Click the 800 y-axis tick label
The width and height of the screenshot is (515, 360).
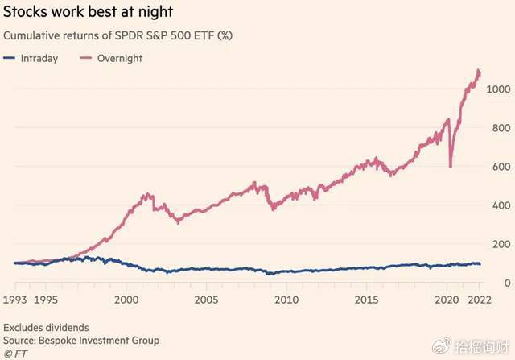tap(503, 128)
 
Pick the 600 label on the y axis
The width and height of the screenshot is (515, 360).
tap(503, 167)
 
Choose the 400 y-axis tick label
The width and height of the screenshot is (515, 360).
tap(503, 205)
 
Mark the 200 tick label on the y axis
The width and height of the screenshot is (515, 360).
tap(503, 244)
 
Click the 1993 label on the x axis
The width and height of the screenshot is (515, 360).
tap(15, 300)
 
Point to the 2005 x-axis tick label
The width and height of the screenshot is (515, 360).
tap(206, 300)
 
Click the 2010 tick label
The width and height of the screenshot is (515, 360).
tap(286, 300)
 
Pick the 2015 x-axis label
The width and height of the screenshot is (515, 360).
tap(366, 300)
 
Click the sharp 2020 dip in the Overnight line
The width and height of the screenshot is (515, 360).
tap(450, 166)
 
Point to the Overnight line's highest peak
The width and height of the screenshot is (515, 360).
tap(479, 71)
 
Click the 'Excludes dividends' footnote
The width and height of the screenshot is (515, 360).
tap(45, 328)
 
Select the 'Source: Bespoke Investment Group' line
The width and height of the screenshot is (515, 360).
tap(81, 341)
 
